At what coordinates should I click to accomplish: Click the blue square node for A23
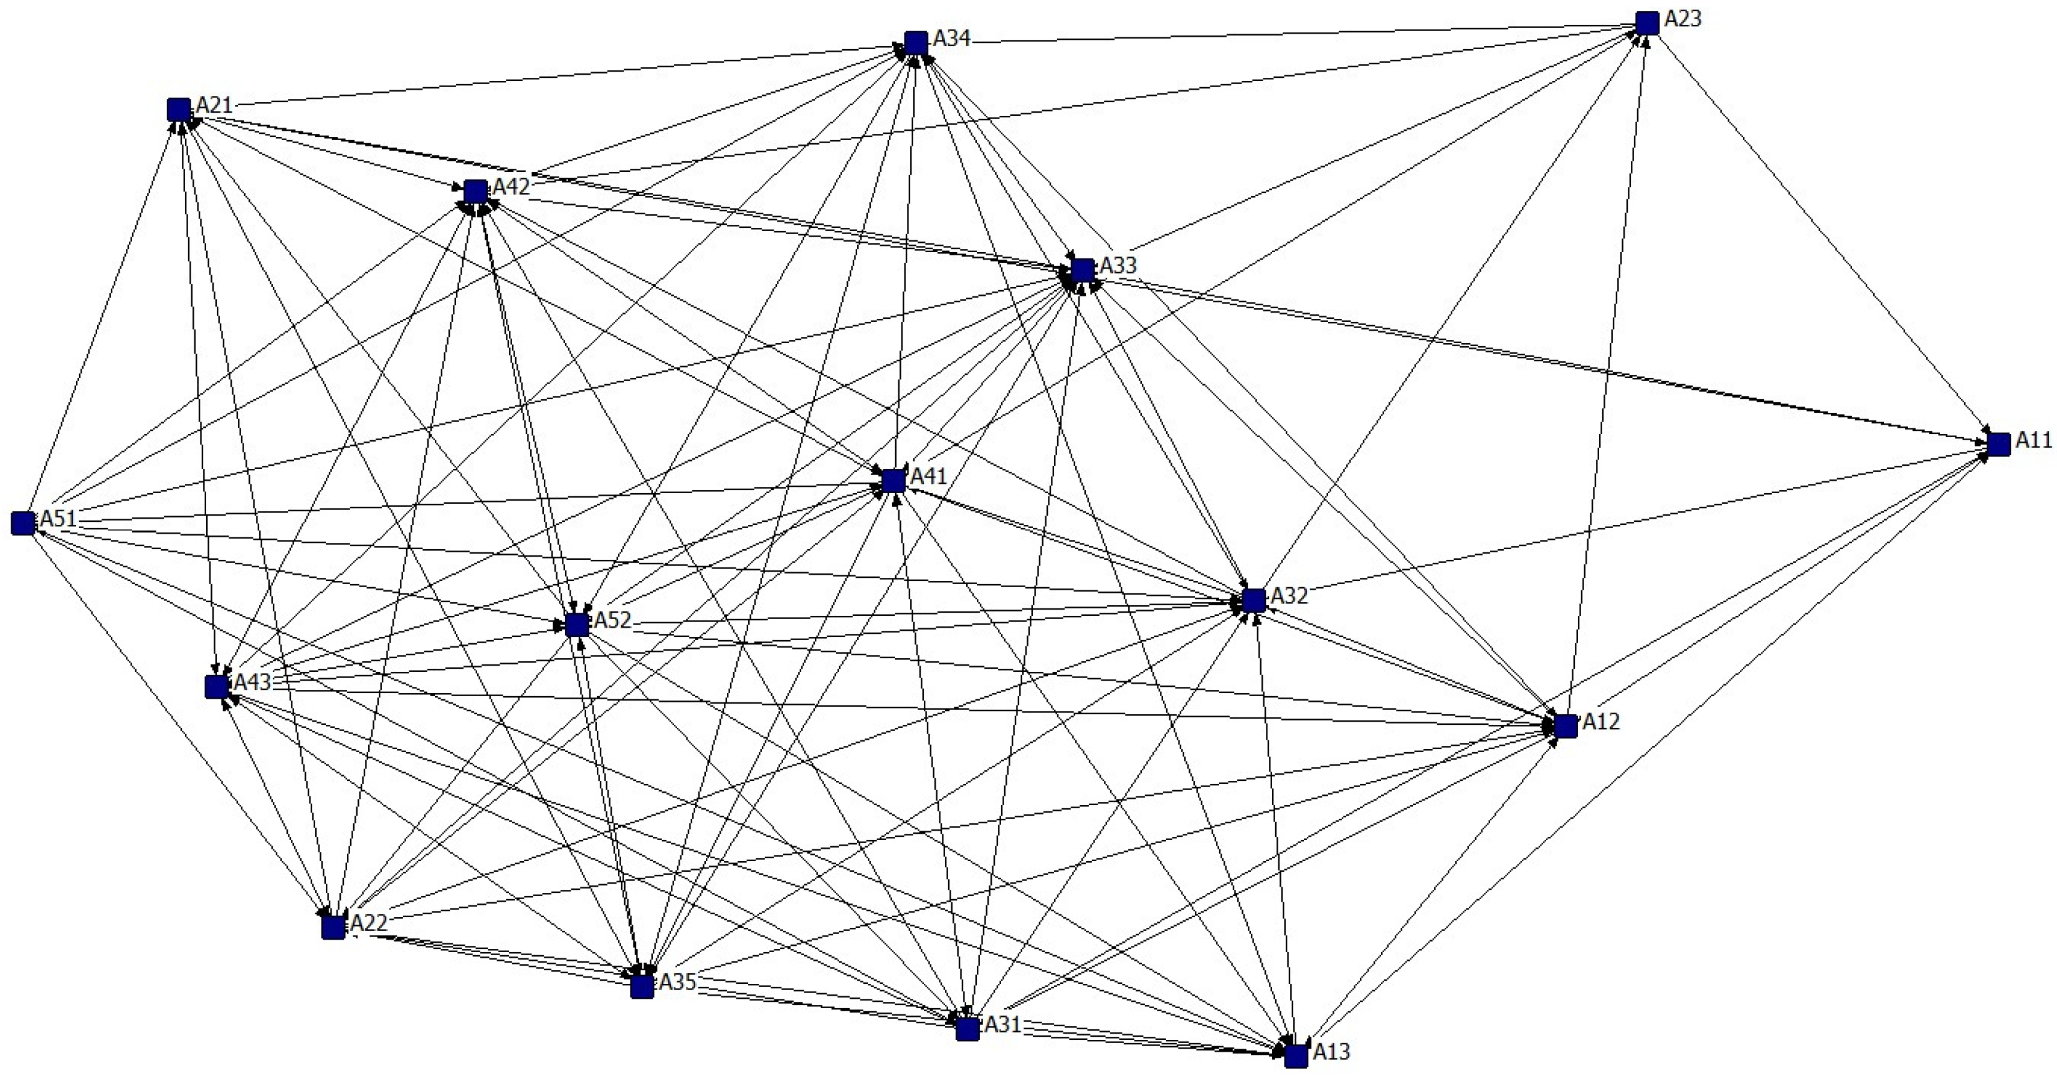1647,24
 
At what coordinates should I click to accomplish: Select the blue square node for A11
1998,445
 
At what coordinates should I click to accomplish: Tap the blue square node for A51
24,524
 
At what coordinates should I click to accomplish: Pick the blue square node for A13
1296,1056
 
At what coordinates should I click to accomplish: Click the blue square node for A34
916,43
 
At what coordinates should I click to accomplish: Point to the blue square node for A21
179,110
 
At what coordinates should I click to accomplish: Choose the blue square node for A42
475,192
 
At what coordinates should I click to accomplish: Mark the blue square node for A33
1083,270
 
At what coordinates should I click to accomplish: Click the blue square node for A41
893,481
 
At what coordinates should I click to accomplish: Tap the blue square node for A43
216,686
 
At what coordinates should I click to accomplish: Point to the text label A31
1003,1024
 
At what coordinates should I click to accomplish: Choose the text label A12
1601,722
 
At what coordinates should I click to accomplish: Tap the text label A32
1289,595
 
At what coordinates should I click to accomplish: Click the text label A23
1683,18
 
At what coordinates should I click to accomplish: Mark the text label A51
59,519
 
